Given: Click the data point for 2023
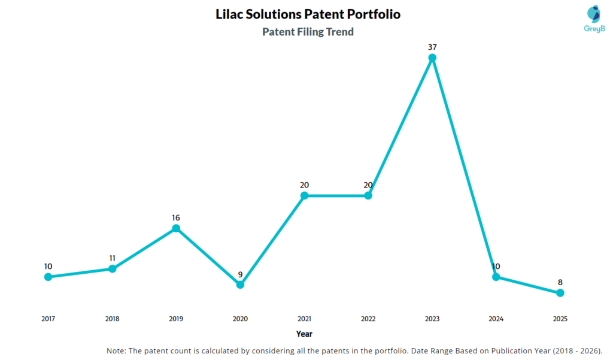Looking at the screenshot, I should tap(432, 58).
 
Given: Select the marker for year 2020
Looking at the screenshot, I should tap(240, 285).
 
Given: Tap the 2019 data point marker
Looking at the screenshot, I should tap(176, 228).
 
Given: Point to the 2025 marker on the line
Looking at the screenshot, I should tap(560, 293).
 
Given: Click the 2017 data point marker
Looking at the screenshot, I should tap(48, 277).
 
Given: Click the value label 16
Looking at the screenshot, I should tap(176, 217).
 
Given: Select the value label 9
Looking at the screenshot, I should tap(240, 274).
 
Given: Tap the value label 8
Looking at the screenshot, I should tap(560, 282).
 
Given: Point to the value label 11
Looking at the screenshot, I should tap(112, 258).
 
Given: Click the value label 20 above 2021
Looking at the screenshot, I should tap(304, 185).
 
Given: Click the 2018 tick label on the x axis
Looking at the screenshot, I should tap(112, 319).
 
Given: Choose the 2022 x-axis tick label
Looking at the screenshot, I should tap(368, 319).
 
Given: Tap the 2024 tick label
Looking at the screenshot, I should tap(496, 319).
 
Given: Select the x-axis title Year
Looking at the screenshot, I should tap(304, 334).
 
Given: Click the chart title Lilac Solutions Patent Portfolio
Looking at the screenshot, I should tap(308, 14).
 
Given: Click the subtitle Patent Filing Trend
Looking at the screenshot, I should tap(308, 32).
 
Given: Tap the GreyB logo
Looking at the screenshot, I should tap(593, 19).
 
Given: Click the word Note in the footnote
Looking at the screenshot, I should tap(116, 350).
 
